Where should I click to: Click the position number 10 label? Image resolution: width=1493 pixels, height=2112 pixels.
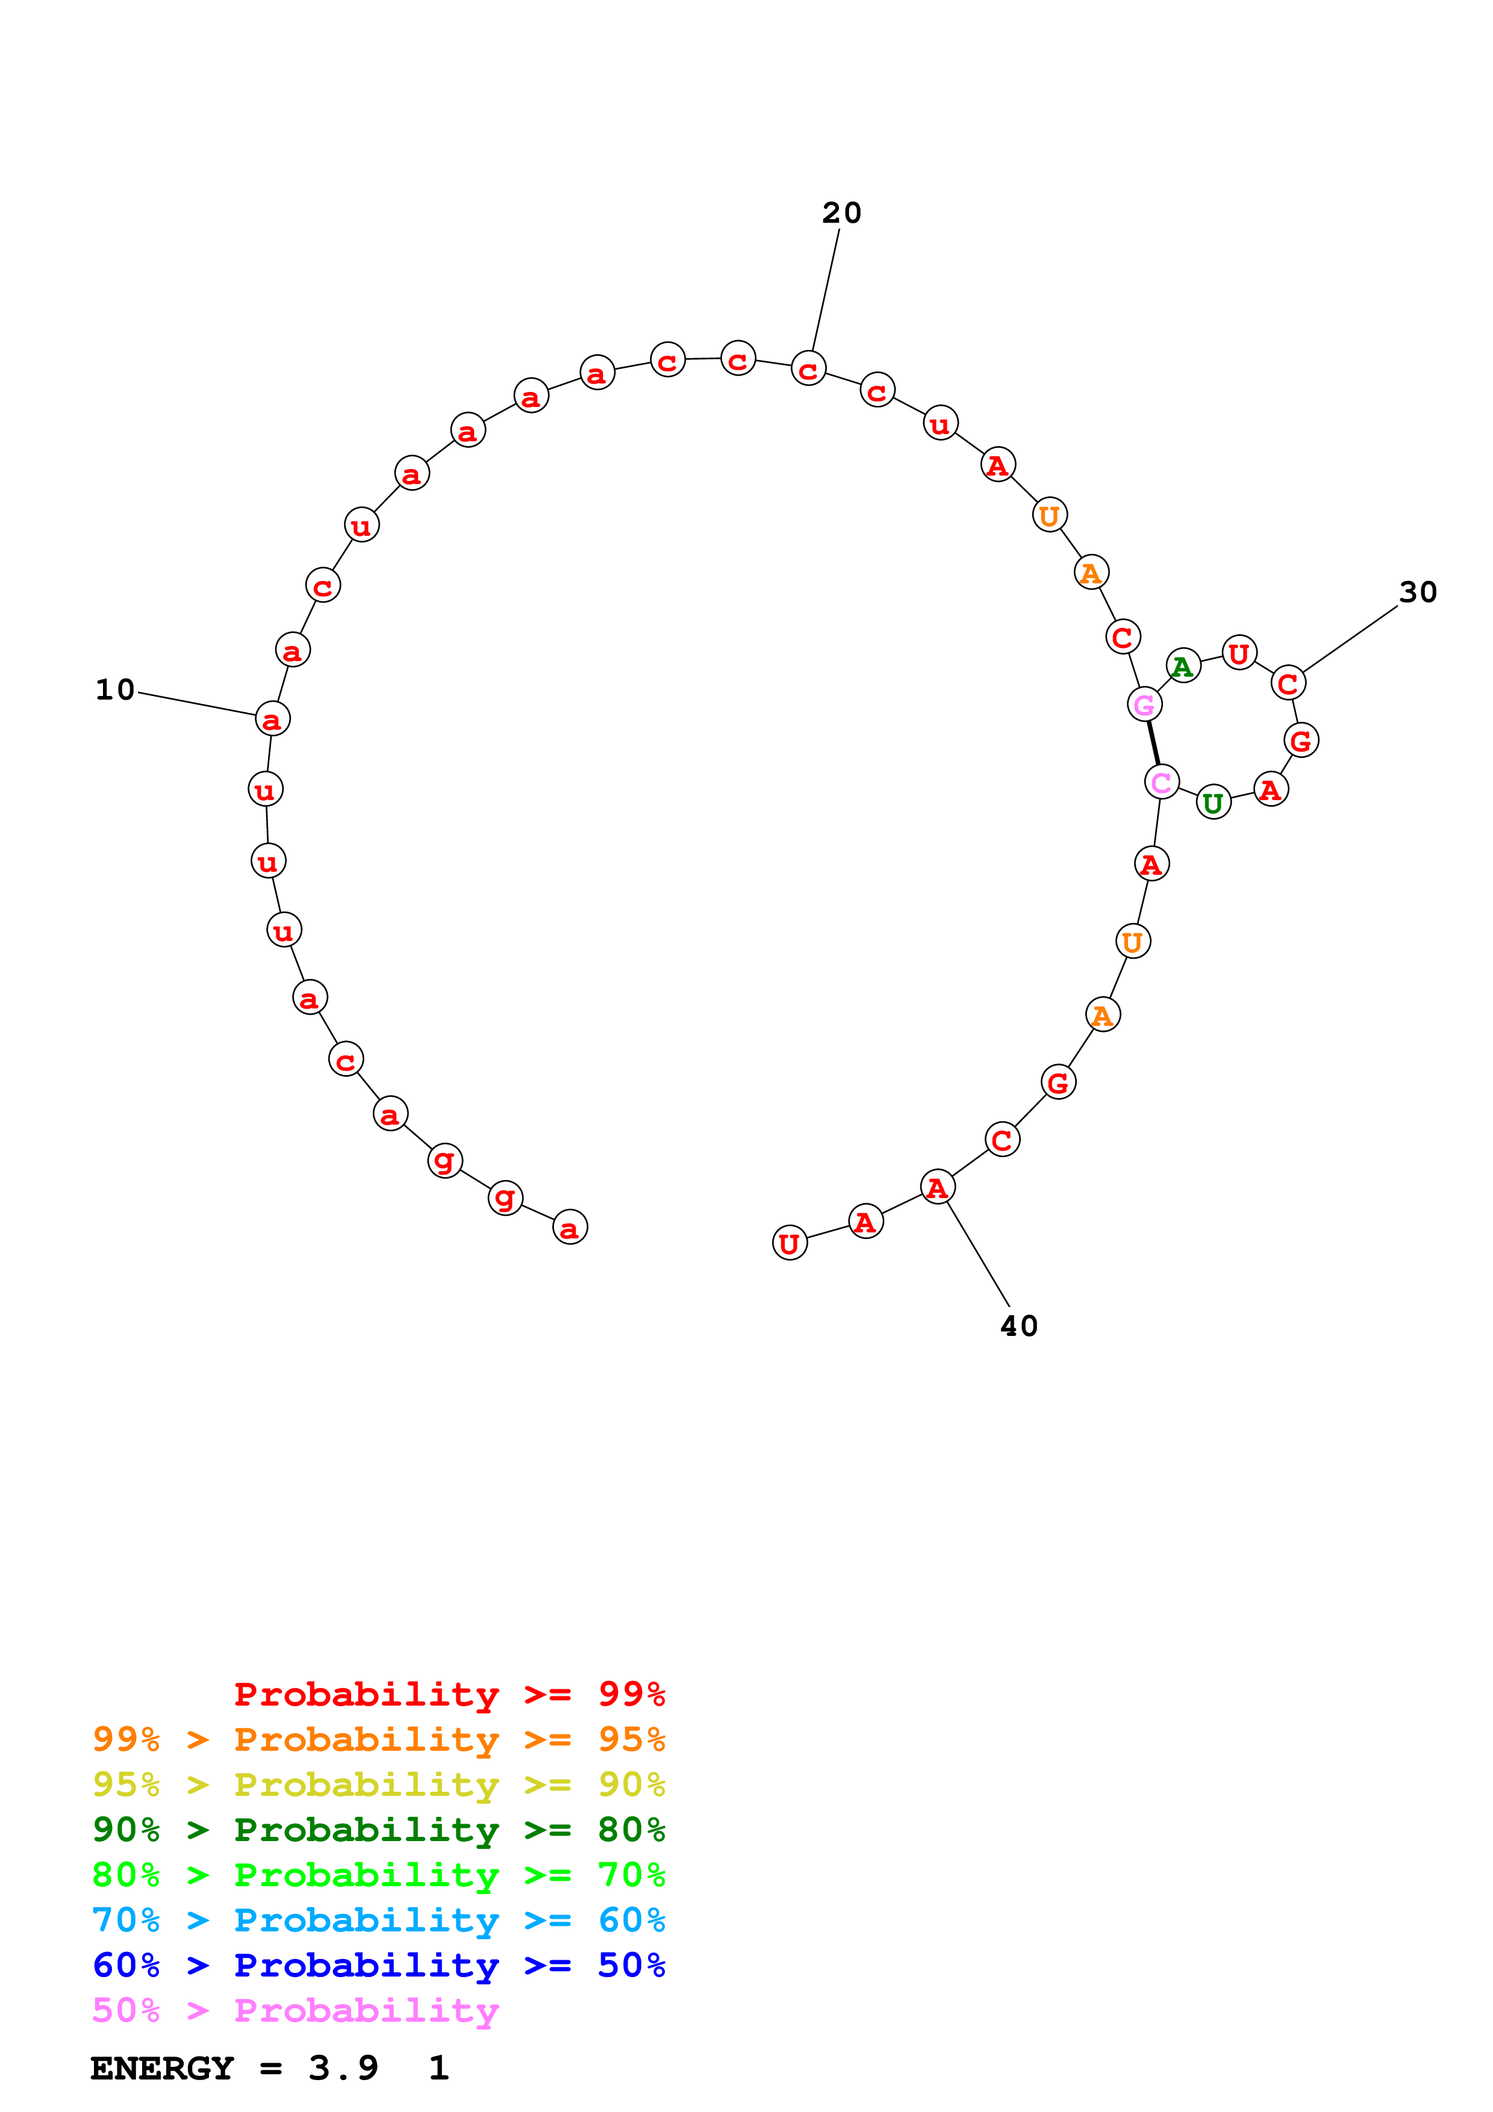[115, 690]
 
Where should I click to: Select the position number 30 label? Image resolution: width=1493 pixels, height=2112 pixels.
[1418, 592]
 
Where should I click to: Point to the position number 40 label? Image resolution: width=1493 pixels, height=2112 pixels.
[1019, 1326]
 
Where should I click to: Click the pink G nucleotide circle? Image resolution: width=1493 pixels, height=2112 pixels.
[1144, 704]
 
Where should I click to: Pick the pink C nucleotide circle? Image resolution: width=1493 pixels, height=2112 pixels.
[1162, 782]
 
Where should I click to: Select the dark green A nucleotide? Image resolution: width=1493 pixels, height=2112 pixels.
[1183, 665]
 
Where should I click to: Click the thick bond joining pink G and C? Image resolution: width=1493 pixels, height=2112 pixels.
[1153, 744]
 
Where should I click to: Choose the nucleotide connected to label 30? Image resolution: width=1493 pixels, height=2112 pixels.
[1288, 683]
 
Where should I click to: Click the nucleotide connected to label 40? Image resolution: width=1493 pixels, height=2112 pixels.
[937, 1187]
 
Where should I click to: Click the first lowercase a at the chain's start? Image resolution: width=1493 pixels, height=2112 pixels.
[569, 1227]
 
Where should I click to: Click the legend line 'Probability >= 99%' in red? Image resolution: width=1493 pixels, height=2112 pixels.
[449, 1694]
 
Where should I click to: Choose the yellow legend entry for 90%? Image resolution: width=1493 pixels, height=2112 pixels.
[378, 1784]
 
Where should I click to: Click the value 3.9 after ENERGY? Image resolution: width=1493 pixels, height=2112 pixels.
[343, 2069]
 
